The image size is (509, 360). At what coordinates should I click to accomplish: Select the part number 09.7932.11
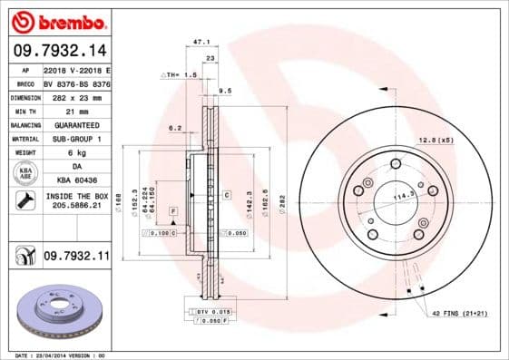click(x=76, y=258)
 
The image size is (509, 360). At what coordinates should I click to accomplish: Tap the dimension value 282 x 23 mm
click(x=73, y=95)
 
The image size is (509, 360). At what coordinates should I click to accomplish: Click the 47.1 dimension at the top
click(x=202, y=42)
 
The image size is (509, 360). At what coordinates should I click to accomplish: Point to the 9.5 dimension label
click(x=225, y=91)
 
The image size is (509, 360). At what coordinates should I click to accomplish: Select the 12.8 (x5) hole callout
click(x=435, y=139)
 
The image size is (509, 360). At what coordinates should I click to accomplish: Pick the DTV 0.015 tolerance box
click(x=210, y=311)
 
